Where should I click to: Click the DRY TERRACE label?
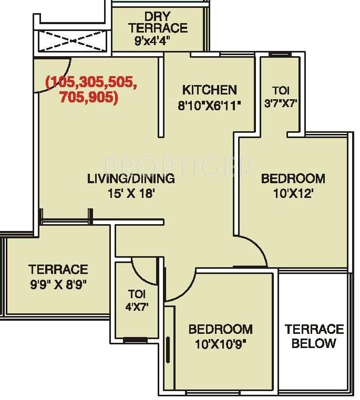coord(158,22)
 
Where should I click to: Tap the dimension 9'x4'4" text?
coord(152,40)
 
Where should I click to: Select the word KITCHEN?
coord(210,90)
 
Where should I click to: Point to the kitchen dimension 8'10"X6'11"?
coord(209,106)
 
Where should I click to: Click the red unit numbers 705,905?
coord(89,97)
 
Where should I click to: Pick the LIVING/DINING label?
coord(131,178)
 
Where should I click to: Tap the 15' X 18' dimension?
coord(131,194)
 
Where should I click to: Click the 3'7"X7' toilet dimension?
coord(281,103)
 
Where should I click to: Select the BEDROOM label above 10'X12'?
coord(293,178)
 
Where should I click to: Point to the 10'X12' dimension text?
coord(293,194)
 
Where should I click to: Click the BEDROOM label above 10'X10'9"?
coord(221,329)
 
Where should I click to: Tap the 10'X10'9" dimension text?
coord(221,345)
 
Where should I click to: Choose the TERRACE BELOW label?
coord(314,336)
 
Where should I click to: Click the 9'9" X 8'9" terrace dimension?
coord(59,285)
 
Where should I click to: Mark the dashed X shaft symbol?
coord(72,41)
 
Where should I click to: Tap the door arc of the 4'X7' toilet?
coord(140,276)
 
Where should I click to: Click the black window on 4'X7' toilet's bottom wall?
coord(135,340)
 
